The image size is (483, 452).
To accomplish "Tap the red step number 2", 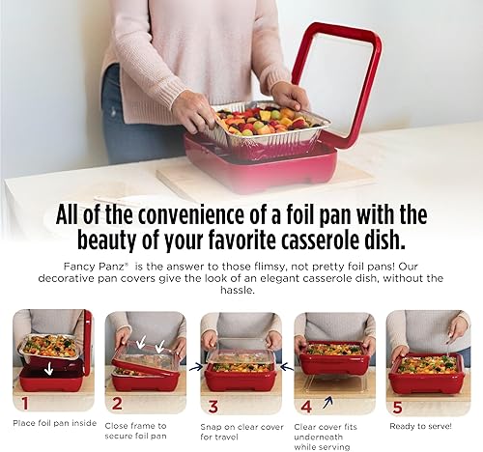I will (117, 403).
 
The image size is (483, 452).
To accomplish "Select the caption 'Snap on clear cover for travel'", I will (238, 427).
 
